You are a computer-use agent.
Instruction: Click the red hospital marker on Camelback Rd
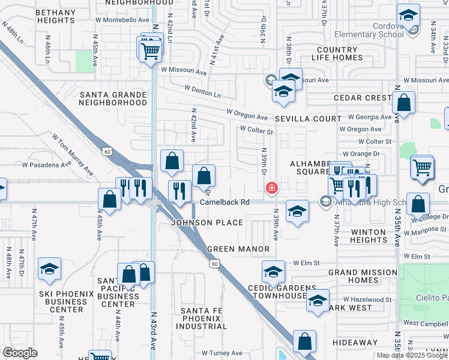pos(272,188)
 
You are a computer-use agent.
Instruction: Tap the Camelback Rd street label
pos(224,202)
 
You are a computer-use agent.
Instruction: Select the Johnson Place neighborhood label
pos(207,223)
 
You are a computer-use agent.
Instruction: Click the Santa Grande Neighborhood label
pos(113,98)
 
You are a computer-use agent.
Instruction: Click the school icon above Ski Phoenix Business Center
pos(50,269)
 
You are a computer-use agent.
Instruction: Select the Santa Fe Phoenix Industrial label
pos(202,318)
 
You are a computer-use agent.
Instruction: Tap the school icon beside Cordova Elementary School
pos(409,16)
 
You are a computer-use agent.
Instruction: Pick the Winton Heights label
pos(369,236)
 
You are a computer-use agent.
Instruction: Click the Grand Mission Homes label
pos(363,277)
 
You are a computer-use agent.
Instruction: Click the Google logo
pos(20,353)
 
